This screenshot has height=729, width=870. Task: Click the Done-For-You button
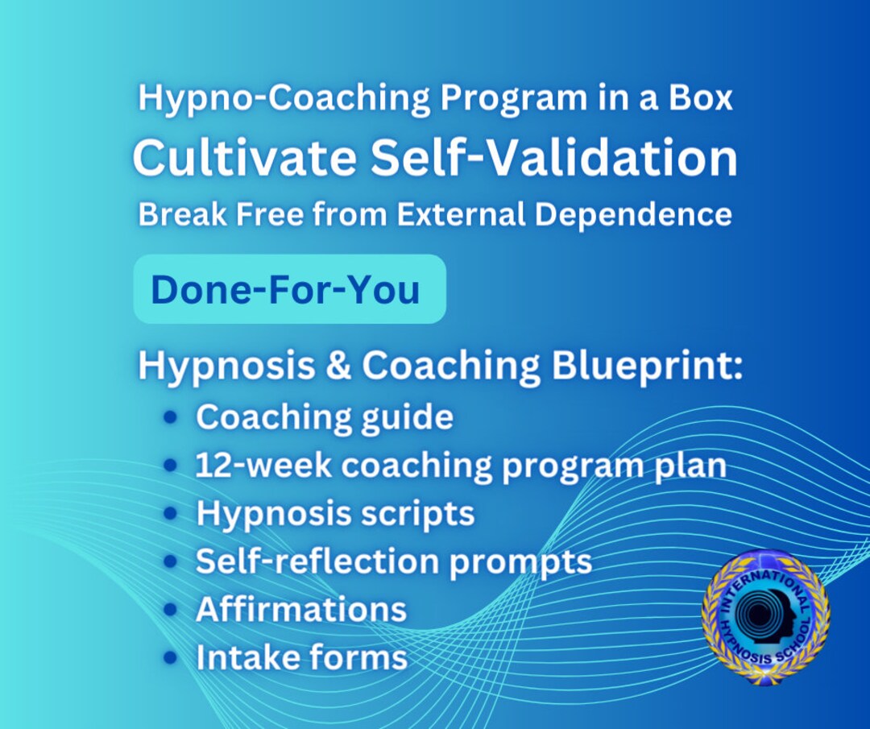click(288, 289)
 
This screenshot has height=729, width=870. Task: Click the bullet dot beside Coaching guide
click(170, 417)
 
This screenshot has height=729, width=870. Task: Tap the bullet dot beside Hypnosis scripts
click(170, 514)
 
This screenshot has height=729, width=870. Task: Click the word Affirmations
click(301, 609)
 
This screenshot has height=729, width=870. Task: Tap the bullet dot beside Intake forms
click(170, 657)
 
